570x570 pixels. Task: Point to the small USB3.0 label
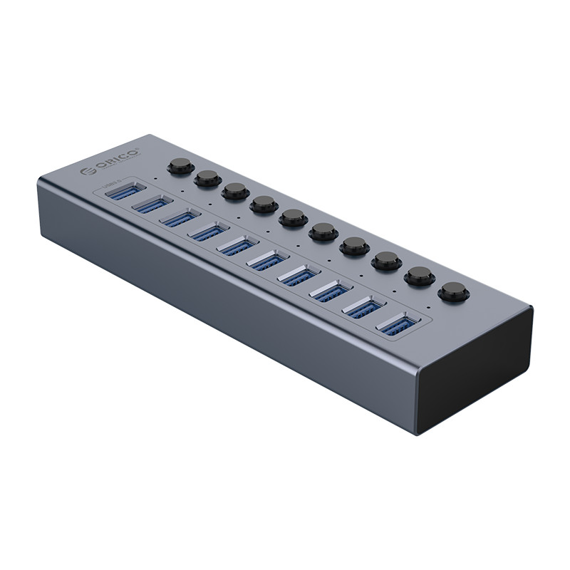pos(113,187)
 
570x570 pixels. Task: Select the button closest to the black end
pos(452,291)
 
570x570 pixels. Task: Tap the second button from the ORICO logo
pos(207,177)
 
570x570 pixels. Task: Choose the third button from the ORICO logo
pos(234,191)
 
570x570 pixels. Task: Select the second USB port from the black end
pos(365,309)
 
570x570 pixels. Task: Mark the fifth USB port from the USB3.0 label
pos(238,247)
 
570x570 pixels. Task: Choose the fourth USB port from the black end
pos(299,277)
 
